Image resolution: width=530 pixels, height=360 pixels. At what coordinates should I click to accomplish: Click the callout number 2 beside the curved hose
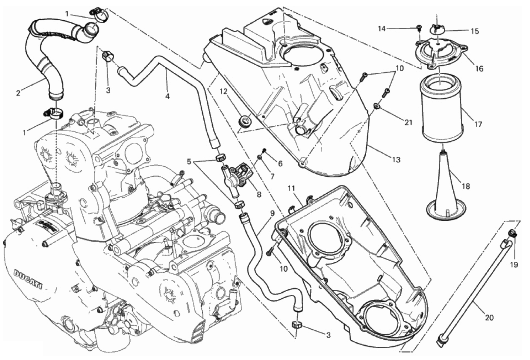[x=18, y=93]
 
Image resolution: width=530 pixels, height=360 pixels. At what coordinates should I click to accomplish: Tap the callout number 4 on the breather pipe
[x=168, y=96]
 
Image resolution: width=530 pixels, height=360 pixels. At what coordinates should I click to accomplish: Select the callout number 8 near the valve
[x=259, y=194]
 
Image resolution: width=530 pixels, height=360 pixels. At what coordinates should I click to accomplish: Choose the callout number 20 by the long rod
[x=489, y=318]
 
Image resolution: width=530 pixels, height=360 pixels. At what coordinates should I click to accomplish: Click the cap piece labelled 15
[x=437, y=29]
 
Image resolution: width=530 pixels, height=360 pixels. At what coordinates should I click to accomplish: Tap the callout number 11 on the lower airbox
[x=291, y=189]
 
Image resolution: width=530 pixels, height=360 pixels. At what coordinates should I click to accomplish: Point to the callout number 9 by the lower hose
[x=272, y=213]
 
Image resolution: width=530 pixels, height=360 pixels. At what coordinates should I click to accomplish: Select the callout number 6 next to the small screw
[x=280, y=164]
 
